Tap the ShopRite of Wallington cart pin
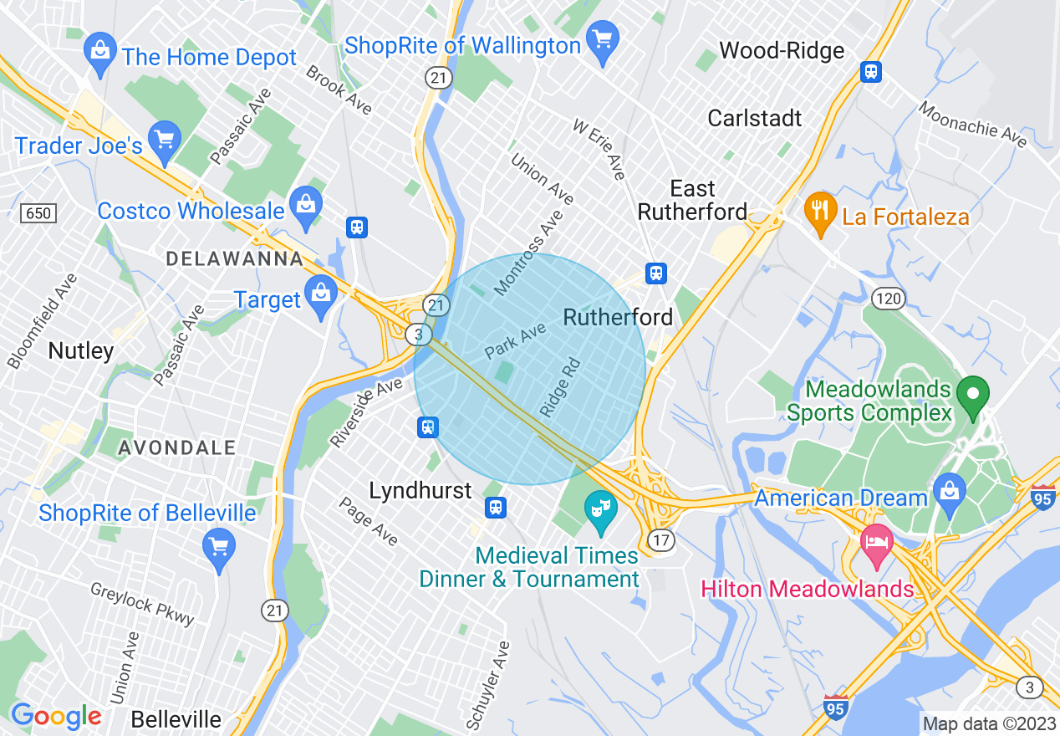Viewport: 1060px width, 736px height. click(x=602, y=39)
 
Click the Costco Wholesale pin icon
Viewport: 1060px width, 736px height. click(x=307, y=204)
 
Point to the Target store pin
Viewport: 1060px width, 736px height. click(x=320, y=294)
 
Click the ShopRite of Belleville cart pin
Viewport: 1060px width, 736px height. click(x=219, y=548)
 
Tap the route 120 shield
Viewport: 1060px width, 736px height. click(x=889, y=298)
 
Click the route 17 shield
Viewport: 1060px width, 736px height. click(x=661, y=540)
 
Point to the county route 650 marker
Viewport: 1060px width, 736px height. click(x=39, y=213)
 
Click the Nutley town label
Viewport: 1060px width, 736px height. click(x=81, y=350)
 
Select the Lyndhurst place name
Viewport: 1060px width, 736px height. click(x=420, y=490)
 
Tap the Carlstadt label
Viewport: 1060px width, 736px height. click(x=755, y=118)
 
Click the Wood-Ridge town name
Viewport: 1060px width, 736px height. click(x=782, y=51)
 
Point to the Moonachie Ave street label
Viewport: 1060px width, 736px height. click(x=973, y=125)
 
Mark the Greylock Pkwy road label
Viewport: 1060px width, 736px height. click(x=143, y=605)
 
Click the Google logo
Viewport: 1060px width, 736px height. click(x=56, y=716)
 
